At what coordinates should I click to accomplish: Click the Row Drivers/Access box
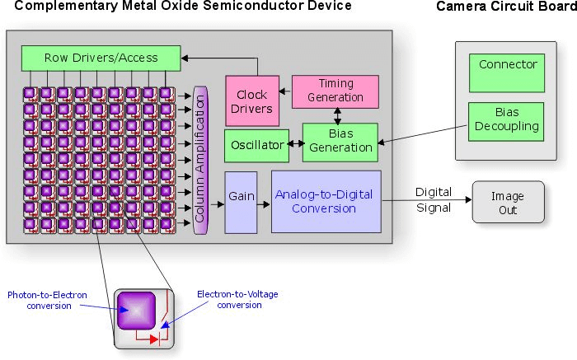click(x=101, y=58)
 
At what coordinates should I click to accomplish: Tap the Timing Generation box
click(x=335, y=91)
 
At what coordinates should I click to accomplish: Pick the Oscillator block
click(x=257, y=146)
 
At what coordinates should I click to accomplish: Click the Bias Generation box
click(x=340, y=143)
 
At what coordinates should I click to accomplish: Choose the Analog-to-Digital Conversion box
click(x=326, y=202)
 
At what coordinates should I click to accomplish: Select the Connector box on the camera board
click(x=508, y=72)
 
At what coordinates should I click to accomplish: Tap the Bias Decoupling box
click(x=506, y=121)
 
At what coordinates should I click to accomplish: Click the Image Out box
click(x=508, y=203)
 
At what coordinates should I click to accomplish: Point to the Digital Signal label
click(x=433, y=199)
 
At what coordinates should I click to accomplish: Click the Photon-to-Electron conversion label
click(x=47, y=300)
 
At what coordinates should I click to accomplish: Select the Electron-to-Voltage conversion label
click(x=229, y=299)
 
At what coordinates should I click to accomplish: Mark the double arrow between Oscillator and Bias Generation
click(x=296, y=146)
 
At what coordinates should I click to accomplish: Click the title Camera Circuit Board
click(x=504, y=7)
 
